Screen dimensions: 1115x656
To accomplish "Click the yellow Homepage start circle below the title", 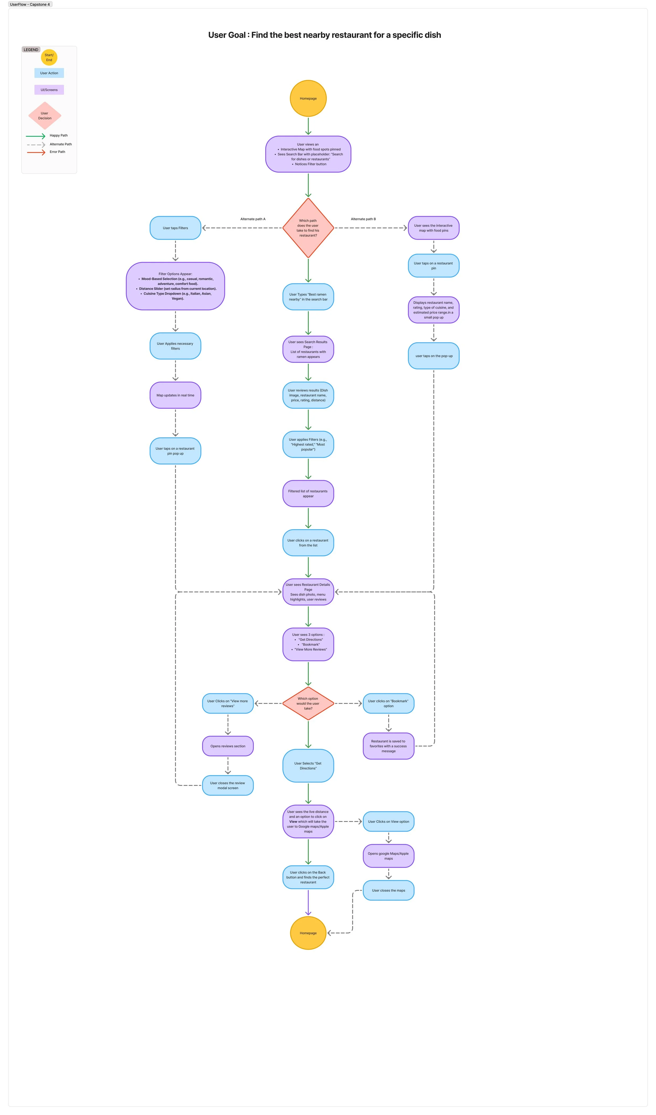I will click(308, 98).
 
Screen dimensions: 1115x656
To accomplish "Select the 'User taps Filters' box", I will click(175, 228).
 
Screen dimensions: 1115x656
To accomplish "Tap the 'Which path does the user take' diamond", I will click(308, 228).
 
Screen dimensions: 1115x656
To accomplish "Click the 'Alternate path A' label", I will click(253, 219).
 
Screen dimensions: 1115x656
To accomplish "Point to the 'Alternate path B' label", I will click(363, 219).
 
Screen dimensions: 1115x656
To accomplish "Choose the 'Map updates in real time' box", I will click(175, 395).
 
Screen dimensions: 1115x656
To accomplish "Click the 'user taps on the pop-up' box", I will click(433, 356).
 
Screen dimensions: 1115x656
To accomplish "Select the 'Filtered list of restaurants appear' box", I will click(308, 493).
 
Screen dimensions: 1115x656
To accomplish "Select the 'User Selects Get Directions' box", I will click(308, 766).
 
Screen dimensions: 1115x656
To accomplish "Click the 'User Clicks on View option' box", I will click(388, 821).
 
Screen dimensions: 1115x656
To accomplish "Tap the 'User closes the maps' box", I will click(388, 890).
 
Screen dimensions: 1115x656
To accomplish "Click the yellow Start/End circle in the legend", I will click(49, 57).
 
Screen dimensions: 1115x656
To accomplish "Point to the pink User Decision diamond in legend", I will click(45, 115).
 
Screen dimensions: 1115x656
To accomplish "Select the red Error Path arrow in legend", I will click(36, 152).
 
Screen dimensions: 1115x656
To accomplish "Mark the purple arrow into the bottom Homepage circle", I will click(308, 902).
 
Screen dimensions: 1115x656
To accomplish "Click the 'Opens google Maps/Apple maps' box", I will click(388, 856).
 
